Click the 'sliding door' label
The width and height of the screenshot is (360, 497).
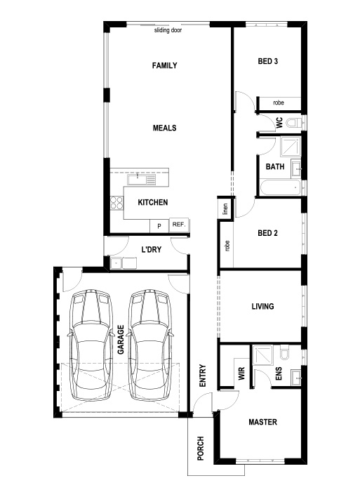(168, 30)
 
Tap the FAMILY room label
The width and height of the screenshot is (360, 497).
(164, 65)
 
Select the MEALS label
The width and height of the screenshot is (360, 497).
(164, 128)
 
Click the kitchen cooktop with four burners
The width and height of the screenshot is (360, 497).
(116, 203)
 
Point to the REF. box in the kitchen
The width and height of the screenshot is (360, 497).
(179, 225)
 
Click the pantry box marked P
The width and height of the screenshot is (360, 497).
(159, 226)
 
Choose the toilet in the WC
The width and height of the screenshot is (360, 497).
(294, 122)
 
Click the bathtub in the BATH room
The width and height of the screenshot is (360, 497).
(280, 187)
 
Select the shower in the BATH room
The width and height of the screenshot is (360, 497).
(291, 147)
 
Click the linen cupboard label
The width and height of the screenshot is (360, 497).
(225, 209)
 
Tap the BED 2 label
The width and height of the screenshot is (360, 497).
(268, 233)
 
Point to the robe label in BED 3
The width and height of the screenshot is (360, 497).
(279, 102)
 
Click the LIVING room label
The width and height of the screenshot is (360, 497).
(262, 307)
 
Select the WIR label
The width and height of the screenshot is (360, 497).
(241, 373)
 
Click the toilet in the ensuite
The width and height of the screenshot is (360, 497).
(285, 352)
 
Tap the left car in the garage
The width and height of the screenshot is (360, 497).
(91, 345)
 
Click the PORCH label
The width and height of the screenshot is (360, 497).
(201, 448)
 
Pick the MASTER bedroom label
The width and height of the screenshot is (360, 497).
(262, 422)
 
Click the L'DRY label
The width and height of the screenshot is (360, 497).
(152, 249)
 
